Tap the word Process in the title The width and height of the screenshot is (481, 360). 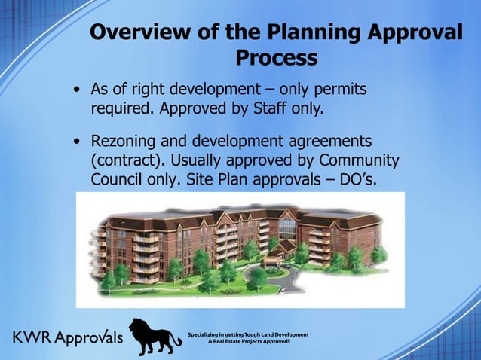(x=277, y=58)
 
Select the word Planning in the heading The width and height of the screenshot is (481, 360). (x=308, y=33)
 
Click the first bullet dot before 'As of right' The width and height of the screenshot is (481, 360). (x=78, y=91)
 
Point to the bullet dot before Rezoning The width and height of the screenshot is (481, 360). (x=78, y=142)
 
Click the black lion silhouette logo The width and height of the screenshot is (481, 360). (x=153, y=336)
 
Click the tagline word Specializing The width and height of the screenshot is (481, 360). (x=213, y=334)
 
